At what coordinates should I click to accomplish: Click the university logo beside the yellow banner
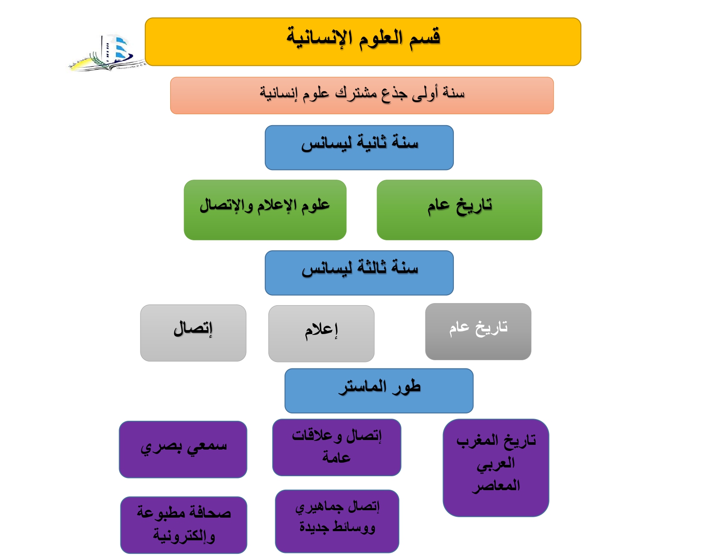point(106,53)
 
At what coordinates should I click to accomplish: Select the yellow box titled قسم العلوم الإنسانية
point(363,42)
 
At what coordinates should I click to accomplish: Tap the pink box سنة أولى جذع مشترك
point(362,96)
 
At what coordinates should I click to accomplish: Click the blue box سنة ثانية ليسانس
point(359,148)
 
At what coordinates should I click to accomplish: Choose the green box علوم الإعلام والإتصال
point(265,210)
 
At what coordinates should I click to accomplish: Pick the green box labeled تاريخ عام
point(459,210)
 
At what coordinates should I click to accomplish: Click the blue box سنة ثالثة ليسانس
point(359,273)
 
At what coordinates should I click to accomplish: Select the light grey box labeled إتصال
point(193,333)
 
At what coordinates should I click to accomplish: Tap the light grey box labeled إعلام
point(322,334)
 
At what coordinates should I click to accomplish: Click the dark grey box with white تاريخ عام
point(478,331)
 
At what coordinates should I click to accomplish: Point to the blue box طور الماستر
point(379,391)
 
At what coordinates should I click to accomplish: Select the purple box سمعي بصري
point(183,449)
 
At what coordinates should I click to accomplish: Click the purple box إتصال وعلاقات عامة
point(336,447)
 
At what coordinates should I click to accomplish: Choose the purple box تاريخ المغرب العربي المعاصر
point(496,467)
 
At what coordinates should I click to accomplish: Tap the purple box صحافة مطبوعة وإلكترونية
point(184,525)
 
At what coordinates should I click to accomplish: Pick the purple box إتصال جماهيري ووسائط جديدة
point(337,521)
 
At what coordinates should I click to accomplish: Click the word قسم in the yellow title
point(425,38)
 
